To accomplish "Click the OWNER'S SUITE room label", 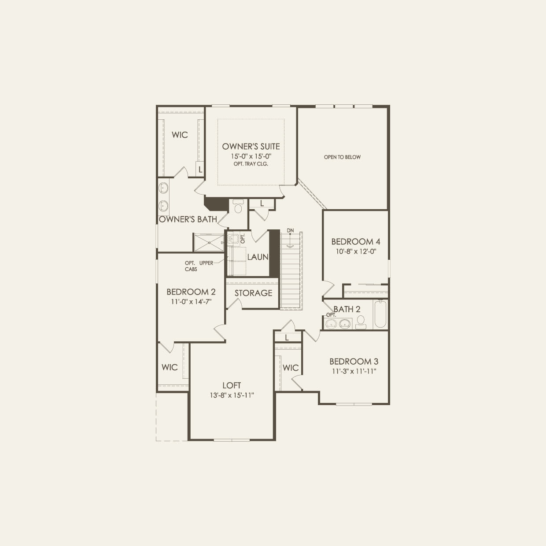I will (x=251, y=147).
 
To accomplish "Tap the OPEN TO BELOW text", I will (x=342, y=157).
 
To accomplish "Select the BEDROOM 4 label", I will (x=355, y=241).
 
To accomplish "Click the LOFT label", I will (x=232, y=385).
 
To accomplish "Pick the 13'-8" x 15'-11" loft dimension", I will (x=232, y=395).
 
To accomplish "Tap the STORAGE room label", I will (x=253, y=293).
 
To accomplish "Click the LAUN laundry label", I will (x=258, y=257).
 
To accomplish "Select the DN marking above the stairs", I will (x=290, y=230).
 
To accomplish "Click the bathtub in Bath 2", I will (x=380, y=314).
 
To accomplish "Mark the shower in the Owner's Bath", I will (x=209, y=242).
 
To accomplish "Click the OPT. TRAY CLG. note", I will (x=251, y=164).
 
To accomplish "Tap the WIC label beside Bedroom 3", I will (x=291, y=368).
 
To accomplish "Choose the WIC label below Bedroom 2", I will (x=170, y=367).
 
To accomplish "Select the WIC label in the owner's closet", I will (x=180, y=135).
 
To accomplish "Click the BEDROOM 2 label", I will (x=191, y=292).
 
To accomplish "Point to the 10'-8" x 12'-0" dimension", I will (x=355, y=251).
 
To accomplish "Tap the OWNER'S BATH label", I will (x=188, y=219).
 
